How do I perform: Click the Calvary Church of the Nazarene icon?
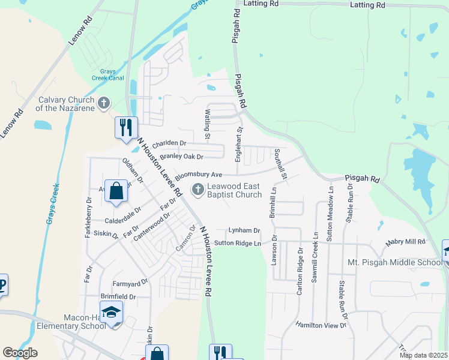click(x=104, y=103)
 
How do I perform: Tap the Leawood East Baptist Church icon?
click(x=197, y=190)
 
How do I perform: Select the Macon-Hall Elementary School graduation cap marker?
click(x=111, y=313)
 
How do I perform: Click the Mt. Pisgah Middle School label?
click(x=395, y=263)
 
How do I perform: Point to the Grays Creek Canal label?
click(x=107, y=74)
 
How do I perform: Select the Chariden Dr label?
click(x=169, y=144)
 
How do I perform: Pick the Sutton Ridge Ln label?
click(x=238, y=243)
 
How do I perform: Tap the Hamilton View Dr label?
click(x=321, y=325)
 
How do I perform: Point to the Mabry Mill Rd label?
click(x=405, y=242)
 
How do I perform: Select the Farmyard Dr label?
click(x=131, y=283)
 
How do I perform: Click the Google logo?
click(x=20, y=353)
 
